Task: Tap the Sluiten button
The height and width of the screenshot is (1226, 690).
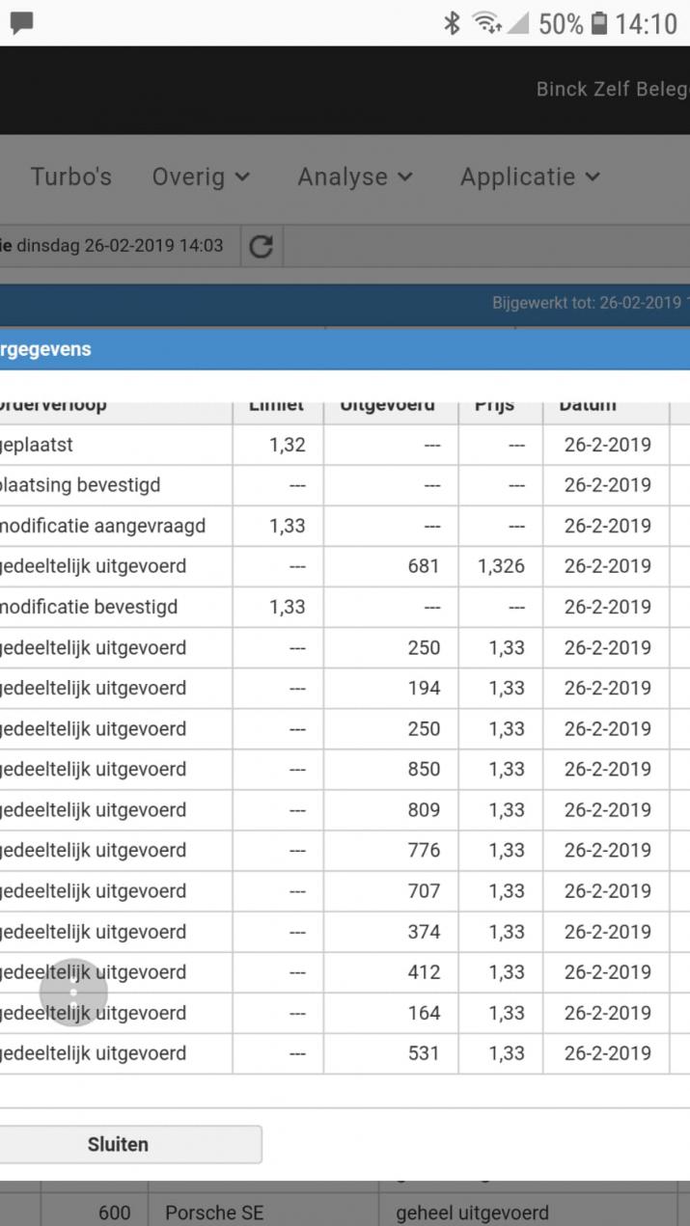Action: [x=118, y=1145]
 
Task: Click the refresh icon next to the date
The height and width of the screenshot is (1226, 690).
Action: [x=261, y=247]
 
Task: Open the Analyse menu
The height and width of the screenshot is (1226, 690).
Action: [x=354, y=177]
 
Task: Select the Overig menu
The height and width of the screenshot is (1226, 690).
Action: [x=201, y=177]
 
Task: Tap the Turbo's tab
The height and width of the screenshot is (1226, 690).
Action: [x=70, y=177]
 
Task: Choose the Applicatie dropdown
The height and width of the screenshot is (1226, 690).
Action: [x=530, y=177]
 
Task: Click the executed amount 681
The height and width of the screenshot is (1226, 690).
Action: [x=424, y=566]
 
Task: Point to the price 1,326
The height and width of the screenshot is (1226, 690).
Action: [x=501, y=566]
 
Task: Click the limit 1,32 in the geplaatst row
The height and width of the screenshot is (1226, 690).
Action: [x=287, y=445]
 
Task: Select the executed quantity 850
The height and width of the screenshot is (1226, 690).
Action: [x=424, y=770]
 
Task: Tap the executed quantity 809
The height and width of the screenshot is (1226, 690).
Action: [x=424, y=810]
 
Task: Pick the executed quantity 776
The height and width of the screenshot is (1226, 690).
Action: [x=424, y=851]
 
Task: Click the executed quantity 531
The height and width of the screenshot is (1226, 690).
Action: [x=424, y=1053]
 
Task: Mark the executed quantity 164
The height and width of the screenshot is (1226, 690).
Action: [x=424, y=1013]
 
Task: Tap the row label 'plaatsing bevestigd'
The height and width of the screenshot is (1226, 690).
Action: [x=80, y=485]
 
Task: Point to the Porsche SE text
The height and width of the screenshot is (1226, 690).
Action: [x=213, y=1212]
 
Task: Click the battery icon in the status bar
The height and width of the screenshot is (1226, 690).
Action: [x=599, y=23]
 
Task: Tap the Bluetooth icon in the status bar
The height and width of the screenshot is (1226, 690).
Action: [x=451, y=23]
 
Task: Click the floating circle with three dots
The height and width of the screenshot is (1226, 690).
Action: [x=73, y=993]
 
